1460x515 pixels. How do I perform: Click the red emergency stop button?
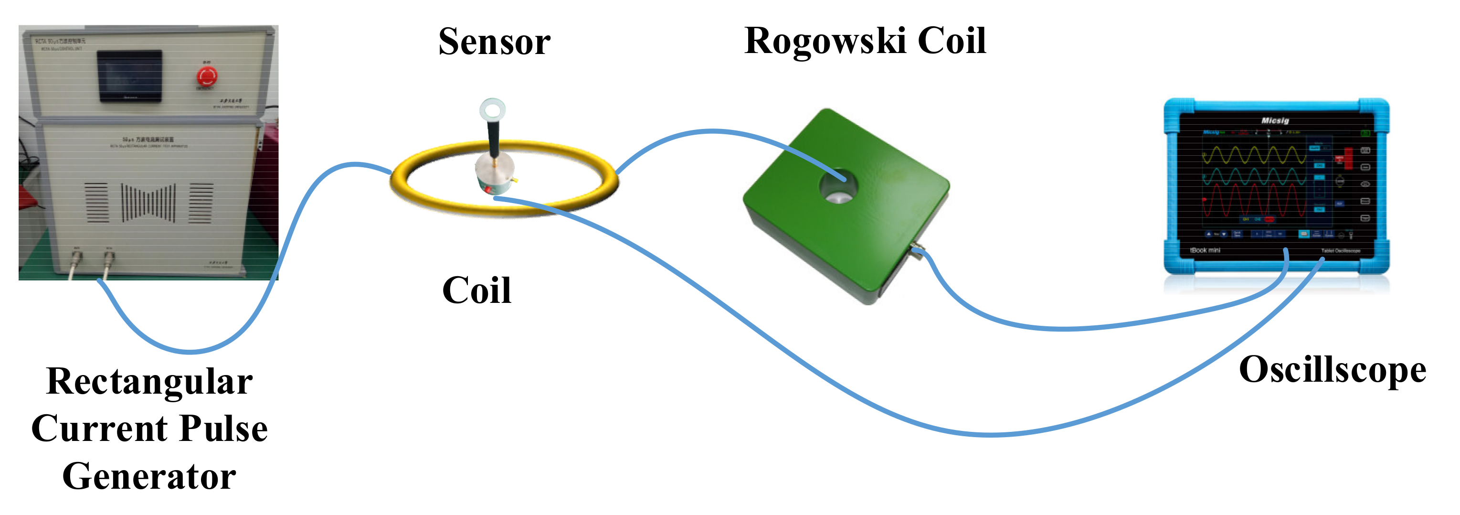click(x=206, y=75)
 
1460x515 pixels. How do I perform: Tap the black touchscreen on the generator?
click(x=130, y=75)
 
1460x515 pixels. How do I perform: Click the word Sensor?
click(x=494, y=42)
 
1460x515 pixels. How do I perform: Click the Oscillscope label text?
click(x=1333, y=370)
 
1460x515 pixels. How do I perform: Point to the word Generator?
click(x=149, y=476)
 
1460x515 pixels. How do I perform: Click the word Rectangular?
click(x=149, y=381)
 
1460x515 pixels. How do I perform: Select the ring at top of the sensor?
click(x=492, y=109)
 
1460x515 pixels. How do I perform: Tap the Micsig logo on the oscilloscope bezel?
click(x=1275, y=120)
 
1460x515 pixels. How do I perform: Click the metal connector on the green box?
click(x=915, y=249)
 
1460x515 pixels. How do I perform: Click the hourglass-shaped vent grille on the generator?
click(x=148, y=203)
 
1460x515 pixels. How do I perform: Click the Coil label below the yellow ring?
click(x=476, y=291)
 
